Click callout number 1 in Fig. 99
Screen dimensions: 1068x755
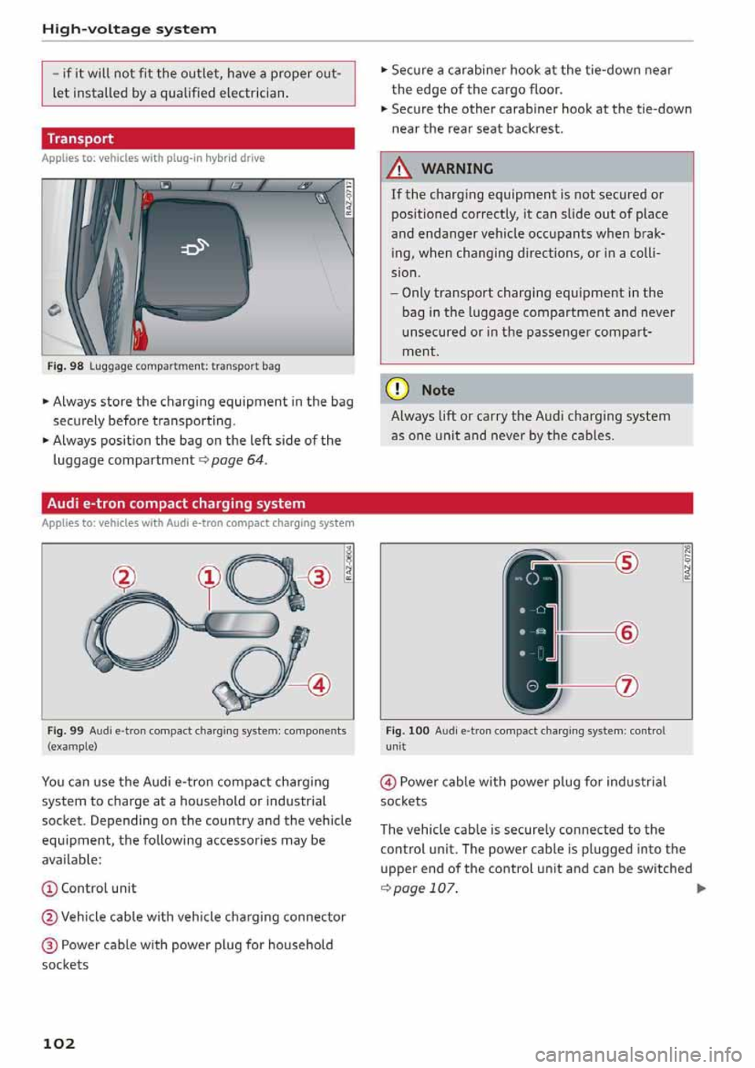208,578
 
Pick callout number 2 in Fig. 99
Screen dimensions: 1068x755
123,578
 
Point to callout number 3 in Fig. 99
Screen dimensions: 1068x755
319,578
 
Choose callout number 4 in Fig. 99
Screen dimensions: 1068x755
319,685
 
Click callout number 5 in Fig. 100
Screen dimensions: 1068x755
627,563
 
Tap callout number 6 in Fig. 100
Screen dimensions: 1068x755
627,632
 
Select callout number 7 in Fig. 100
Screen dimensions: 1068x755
627,686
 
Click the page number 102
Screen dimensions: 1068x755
59,1044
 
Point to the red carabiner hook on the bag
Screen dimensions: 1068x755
140,333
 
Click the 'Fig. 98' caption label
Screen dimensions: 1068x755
65,366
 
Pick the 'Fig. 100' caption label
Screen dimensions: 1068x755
407,731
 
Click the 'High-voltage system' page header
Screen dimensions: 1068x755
129,29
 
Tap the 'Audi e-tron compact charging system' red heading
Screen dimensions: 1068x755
176,503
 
